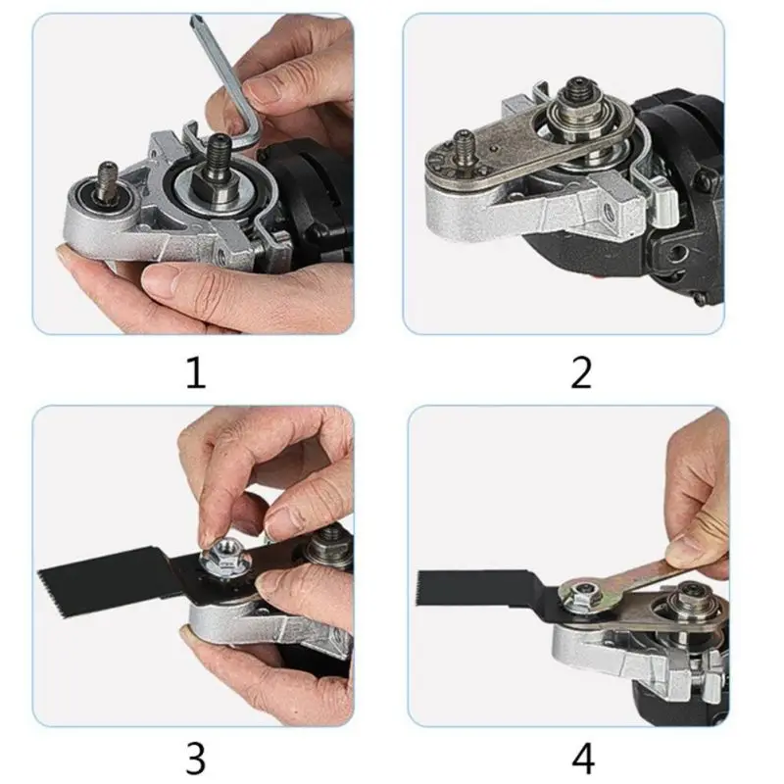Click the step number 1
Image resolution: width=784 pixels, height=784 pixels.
pyautogui.click(x=196, y=373)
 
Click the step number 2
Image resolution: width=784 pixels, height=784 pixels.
pyautogui.click(x=581, y=373)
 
